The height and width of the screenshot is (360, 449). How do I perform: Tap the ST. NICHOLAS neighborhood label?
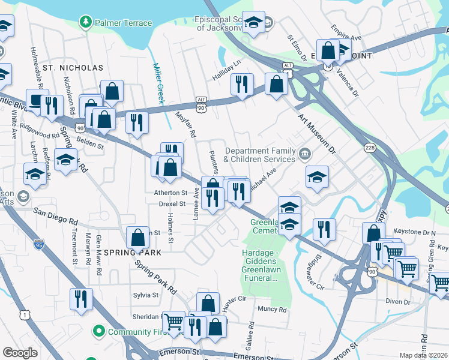click(72, 68)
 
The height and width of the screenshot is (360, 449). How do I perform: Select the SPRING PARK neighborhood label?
click(131, 253)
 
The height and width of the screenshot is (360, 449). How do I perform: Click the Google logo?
click(20, 353)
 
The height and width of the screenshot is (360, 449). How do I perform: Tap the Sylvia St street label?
click(146, 295)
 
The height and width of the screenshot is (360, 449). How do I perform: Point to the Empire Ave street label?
click(346, 34)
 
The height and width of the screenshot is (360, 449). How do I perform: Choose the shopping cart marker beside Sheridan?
click(173, 322)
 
